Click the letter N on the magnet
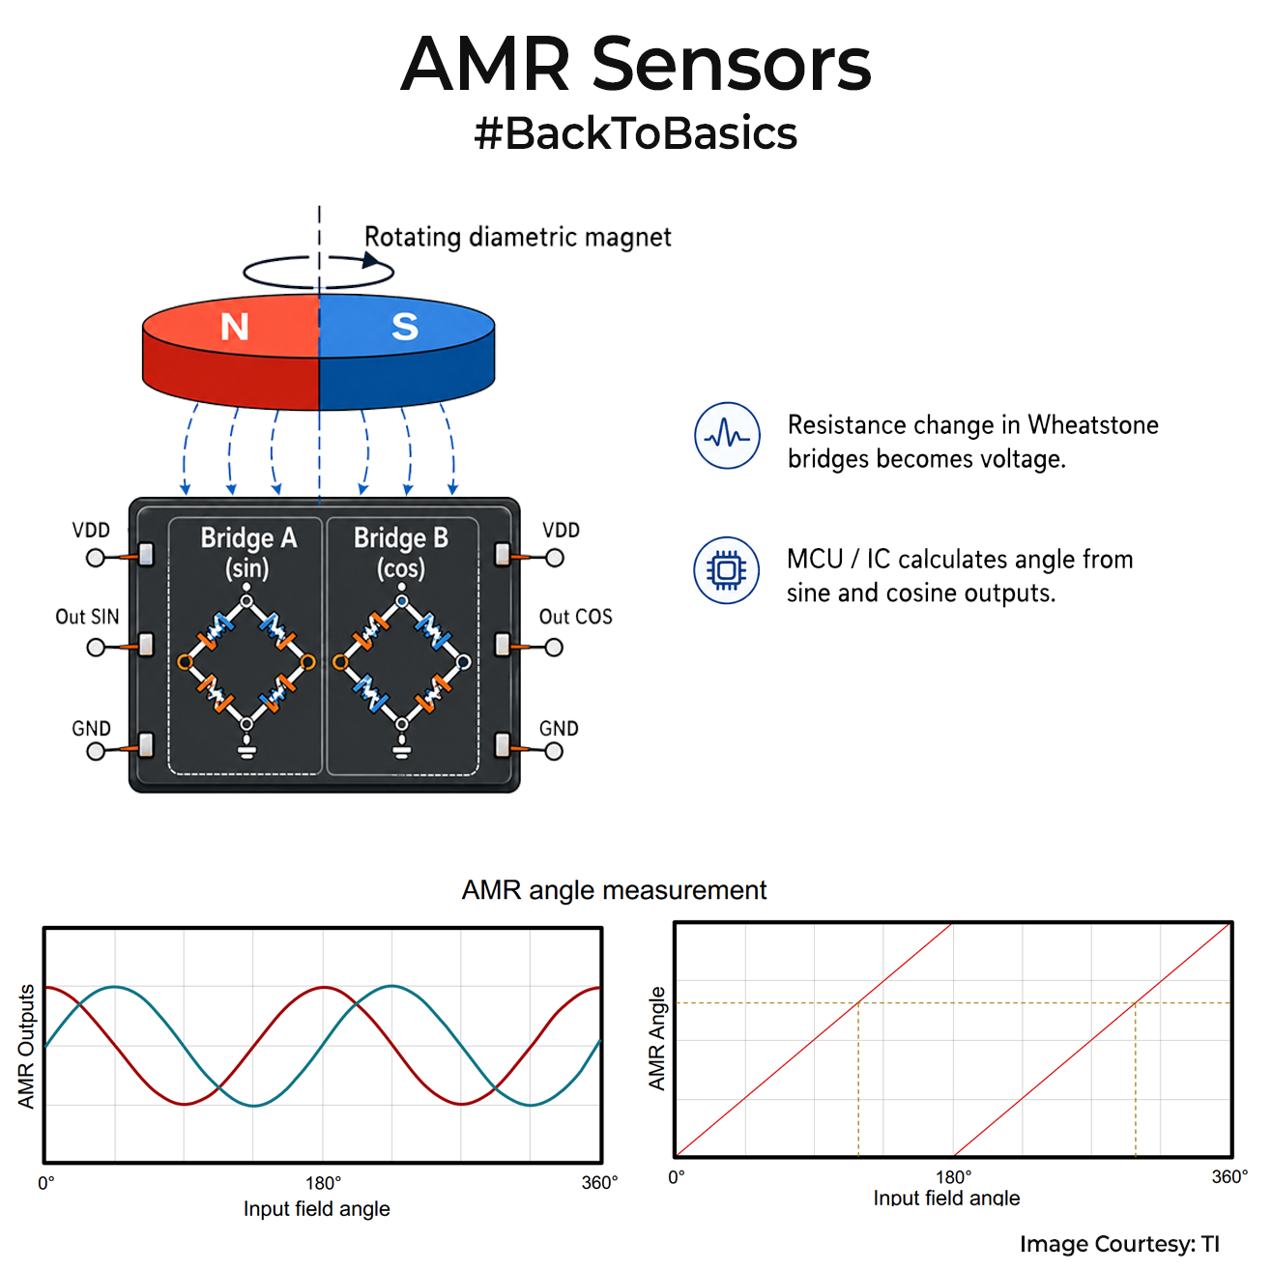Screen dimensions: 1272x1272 click(234, 327)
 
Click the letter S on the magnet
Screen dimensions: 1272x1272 click(405, 326)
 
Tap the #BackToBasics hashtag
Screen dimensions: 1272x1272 click(636, 133)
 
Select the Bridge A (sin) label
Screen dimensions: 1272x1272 click(248, 553)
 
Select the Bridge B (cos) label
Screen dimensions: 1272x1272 click(401, 553)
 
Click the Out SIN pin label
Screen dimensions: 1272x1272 click(87, 617)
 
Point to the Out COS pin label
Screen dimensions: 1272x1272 click(576, 617)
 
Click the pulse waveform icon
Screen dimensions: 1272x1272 click(727, 436)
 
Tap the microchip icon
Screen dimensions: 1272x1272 click(726, 569)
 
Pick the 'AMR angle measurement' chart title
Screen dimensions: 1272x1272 click(614, 890)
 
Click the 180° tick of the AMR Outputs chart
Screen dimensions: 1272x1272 click(324, 1182)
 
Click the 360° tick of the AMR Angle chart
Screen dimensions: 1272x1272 click(1229, 1177)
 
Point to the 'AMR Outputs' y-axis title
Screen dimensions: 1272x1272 click(26, 1046)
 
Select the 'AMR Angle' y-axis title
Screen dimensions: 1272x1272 click(656, 1038)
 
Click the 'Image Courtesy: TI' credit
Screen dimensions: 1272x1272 click(1119, 1244)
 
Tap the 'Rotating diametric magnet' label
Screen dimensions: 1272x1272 click(517, 237)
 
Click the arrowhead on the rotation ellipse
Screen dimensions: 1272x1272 click(370, 260)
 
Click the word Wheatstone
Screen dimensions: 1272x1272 click(1093, 425)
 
